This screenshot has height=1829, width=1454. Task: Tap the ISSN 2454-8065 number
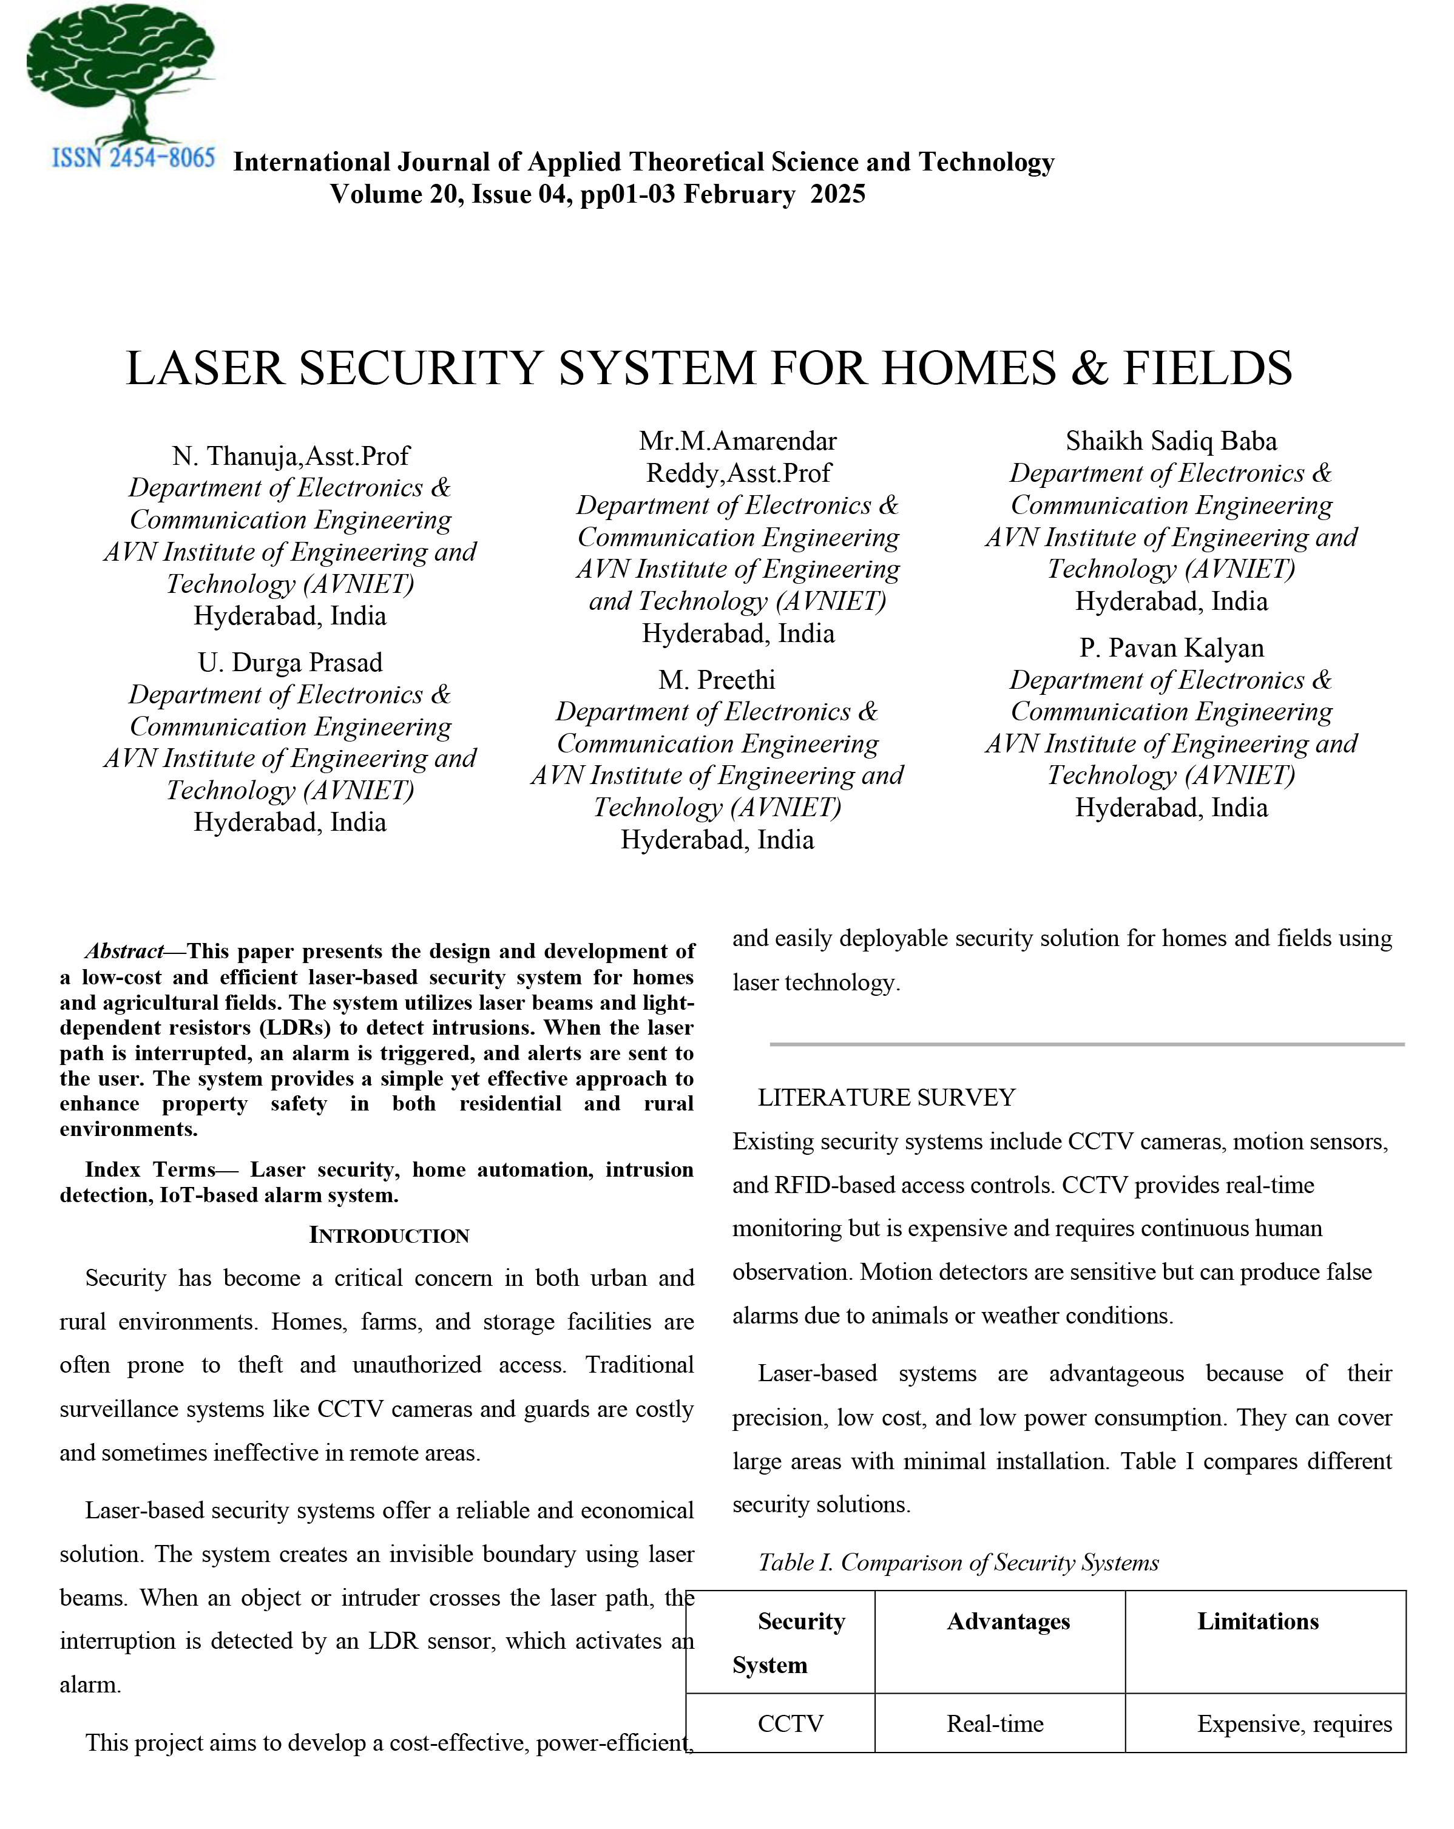coord(133,158)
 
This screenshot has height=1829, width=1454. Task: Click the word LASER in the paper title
coord(203,368)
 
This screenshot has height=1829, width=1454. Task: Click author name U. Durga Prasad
coord(290,663)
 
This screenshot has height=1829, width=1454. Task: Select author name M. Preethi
coord(716,680)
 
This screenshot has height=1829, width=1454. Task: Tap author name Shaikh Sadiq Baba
coord(1171,441)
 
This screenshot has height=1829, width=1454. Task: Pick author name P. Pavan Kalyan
coord(1171,648)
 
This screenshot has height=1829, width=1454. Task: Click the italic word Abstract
coord(124,951)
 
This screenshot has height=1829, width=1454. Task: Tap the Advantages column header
coord(1008,1621)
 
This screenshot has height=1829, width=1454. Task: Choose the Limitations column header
coord(1257,1621)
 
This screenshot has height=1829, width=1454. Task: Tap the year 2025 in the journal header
coord(837,194)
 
